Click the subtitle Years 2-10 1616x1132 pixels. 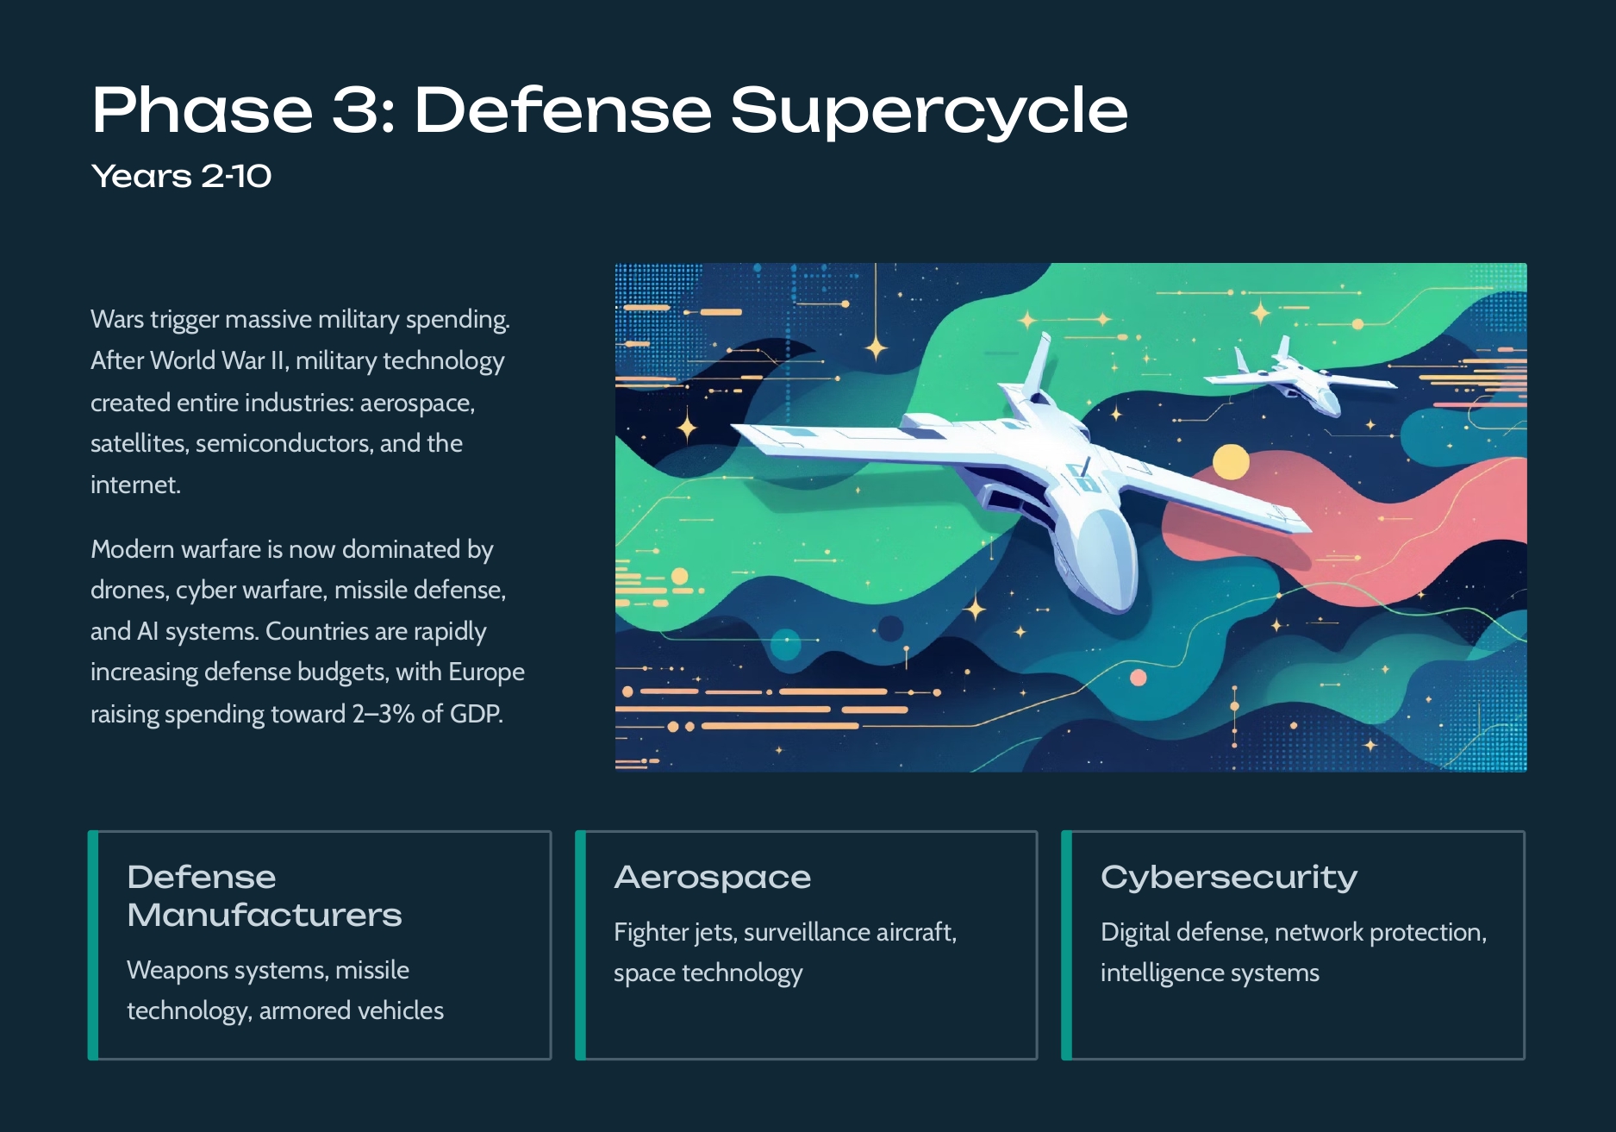181,177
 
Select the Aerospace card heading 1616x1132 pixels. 712,878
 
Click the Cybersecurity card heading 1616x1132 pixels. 1229,878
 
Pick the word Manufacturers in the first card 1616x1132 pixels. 265,915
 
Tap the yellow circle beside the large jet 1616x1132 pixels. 1231,462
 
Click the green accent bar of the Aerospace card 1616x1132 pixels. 580,945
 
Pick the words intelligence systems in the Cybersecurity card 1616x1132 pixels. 1209,973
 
